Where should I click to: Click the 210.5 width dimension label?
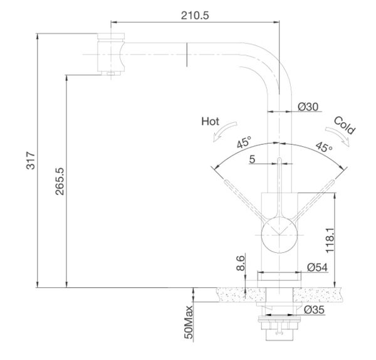195,16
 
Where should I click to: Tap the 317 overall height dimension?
31,161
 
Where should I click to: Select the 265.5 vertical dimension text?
60,181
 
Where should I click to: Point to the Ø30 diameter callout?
308,107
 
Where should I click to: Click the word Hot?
211,122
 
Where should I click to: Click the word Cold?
344,125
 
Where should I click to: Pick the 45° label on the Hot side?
244,142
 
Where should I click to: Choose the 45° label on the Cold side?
324,147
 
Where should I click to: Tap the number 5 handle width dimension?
252,159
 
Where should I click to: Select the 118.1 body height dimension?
330,240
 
